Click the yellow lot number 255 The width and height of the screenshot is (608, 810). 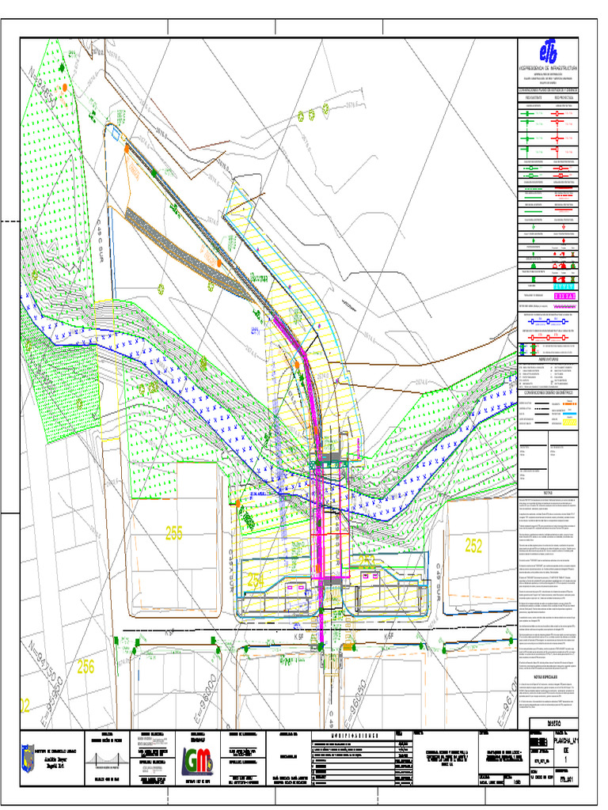(x=174, y=534)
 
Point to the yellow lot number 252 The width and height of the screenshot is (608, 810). (x=473, y=545)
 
